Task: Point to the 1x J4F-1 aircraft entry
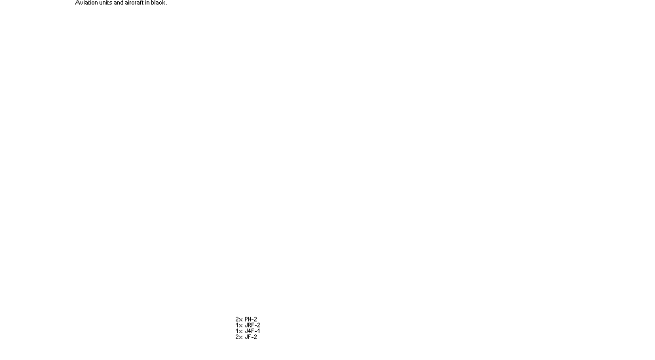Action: point(248,331)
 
